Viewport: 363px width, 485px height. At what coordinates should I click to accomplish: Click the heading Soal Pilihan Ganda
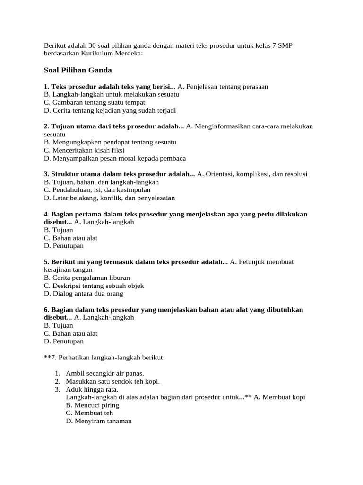(78, 70)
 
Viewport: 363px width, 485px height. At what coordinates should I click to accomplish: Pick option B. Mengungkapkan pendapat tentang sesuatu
(110, 142)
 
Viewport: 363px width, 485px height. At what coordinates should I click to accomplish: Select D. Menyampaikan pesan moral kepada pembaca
(115, 158)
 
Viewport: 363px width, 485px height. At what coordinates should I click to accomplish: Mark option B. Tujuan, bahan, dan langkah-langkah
(101, 182)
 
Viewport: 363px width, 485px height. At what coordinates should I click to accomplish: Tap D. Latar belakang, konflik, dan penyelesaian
(109, 198)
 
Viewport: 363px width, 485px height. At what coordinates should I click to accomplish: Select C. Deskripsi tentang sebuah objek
(94, 286)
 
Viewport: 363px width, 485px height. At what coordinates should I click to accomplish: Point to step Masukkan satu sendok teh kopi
(113, 381)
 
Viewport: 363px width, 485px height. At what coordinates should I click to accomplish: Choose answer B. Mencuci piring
(93, 405)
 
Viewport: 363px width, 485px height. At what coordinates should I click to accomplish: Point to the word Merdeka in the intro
(129, 54)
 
